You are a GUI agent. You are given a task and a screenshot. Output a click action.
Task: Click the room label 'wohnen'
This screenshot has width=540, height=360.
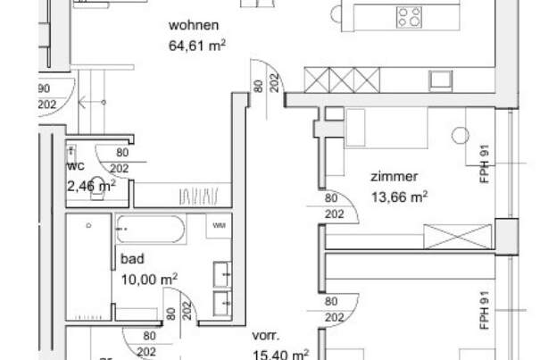click(x=194, y=25)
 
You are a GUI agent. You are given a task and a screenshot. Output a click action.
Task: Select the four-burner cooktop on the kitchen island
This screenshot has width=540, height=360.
click(x=409, y=15)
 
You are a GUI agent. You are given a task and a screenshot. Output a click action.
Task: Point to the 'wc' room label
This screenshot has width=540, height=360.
click(x=75, y=166)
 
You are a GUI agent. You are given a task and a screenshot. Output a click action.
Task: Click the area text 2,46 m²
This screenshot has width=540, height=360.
click(x=91, y=186)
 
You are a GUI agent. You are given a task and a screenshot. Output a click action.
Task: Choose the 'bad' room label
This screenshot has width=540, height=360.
click(x=130, y=261)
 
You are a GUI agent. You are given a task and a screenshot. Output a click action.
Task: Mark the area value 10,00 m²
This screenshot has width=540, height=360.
click(x=149, y=280)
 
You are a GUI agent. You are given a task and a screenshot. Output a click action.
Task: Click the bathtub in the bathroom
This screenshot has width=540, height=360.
click(x=150, y=231)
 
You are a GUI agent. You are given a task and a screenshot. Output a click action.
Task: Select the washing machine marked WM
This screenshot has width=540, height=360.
click(x=220, y=227)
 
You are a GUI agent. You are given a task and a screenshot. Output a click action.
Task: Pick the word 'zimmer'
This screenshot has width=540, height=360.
click(x=394, y=177)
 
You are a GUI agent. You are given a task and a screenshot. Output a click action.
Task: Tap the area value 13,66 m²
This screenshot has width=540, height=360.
click(x=399, y=197)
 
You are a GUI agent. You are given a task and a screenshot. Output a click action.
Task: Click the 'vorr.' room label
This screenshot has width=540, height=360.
click(x=265, y=337)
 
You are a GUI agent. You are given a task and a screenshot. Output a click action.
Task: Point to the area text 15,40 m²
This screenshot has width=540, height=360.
click(x=280, y=355)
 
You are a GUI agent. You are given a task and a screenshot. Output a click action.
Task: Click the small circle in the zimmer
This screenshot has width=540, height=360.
click(x=460, y=135)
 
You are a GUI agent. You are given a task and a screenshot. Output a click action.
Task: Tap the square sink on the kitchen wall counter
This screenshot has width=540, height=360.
click(x=441, y=80)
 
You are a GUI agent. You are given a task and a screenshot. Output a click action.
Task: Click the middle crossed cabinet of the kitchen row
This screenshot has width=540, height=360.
click(x=343, y=80)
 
